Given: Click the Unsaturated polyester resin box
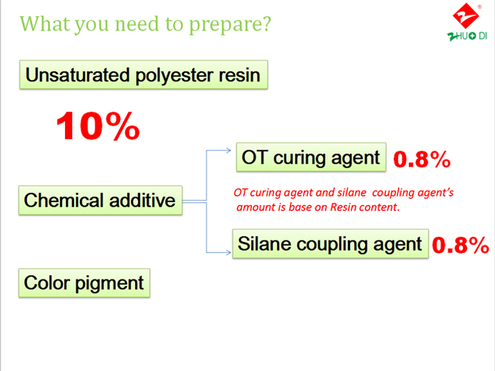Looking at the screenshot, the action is pyautogui.click(x=144, y=75).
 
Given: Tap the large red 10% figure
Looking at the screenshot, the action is pyautogui.click(x=98, y=126).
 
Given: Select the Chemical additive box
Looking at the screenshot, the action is pyautogui.click(x=100, y=200).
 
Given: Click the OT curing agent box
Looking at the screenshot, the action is pyautogui.click(x=311, y=157).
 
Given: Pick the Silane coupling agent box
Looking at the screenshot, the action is pyautogui.click(x=330, y=244).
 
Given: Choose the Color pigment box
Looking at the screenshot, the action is pyautogui.click(x=84, y=283).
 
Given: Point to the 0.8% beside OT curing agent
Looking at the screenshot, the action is pyautogui.click(x=421, y=159).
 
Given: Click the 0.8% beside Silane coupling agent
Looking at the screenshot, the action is pyautogui.click(x=460, y=245).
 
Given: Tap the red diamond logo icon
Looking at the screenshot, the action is pyautogui.click(x=465, y=16).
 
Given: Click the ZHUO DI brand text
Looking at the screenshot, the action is pyautogui.click(x=467, y=36).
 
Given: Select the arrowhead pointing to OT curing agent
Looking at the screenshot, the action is pyautogui.click(x=228, y=151).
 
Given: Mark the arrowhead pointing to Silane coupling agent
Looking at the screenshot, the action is pyautogui.click(x=228, y=252).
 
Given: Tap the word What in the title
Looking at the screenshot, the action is pyautogui.click(x=45, y=23).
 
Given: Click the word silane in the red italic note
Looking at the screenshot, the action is pyautogui.click(x=351, y=192).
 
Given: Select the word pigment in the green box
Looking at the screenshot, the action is pyautogui.click(x=109, y=283).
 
